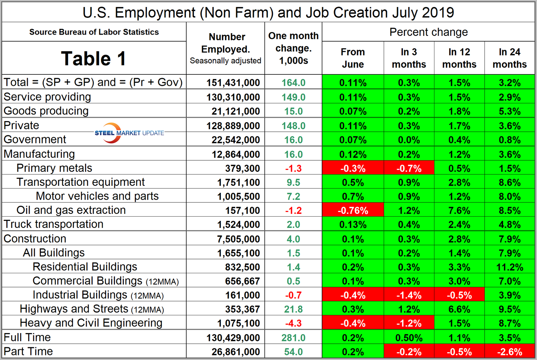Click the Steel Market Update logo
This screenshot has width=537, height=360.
(129, 133)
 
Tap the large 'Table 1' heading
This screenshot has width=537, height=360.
(94, 59)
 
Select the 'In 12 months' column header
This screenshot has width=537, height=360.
(459, 58)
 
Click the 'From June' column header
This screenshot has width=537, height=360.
(353, 58)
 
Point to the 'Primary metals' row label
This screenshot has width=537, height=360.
(54, 168)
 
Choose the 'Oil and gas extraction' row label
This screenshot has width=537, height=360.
(71, 210)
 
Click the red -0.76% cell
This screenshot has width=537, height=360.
(353, 210)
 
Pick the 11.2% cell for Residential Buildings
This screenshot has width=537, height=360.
(510, 267)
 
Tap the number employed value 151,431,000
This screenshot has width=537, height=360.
(233, 82)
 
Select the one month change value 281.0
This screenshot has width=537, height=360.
(293, 338)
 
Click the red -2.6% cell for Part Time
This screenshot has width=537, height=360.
(510, 352)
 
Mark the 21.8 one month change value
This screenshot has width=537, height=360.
(293, 309)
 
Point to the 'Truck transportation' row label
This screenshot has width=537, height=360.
(54, 224)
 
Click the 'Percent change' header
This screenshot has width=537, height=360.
(428, 32)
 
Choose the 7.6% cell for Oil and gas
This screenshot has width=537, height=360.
(459, 210)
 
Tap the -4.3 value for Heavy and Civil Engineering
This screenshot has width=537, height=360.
(293, 323)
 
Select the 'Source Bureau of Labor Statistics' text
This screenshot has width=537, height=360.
(94, 32)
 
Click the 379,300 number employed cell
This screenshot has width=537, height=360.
(242, 168)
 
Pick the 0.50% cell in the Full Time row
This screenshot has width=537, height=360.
(409, 338)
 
